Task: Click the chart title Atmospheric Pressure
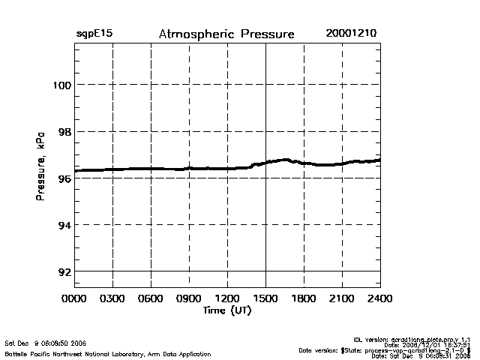226,34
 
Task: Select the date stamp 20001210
352,34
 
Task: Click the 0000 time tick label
74,299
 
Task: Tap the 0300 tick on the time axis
112,299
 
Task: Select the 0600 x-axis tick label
151,299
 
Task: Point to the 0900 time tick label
189,299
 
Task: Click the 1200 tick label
227,299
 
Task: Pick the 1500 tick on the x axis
265,299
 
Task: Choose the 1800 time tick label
304,299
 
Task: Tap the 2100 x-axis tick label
342,299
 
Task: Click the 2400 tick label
380,299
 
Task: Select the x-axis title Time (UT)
226,310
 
